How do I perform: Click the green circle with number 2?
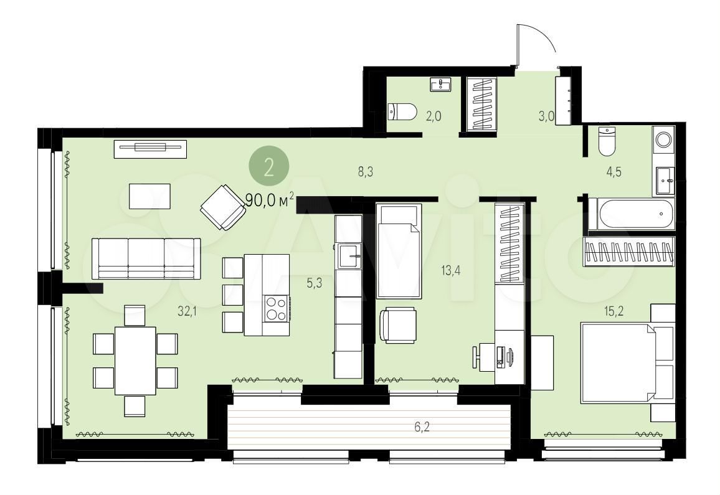[x=269, y=167]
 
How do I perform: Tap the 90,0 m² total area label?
[x=270, y=200]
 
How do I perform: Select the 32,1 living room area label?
[x=187, y=312]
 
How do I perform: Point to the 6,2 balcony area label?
[x=422, y=428]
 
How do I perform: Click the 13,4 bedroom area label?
[x=451, y=270]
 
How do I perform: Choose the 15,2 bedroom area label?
[x=613, y=312]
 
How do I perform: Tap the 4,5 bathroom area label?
[x=613, y=172]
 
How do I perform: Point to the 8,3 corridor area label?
[x=366, y=172]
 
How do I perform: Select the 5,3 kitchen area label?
[x=315, y=283]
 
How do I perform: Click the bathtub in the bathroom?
[x=632, y=214]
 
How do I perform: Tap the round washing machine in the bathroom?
[x=663, y=140]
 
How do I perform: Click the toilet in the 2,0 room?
[x=402, y=111]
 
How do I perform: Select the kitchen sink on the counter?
[x=349, y=256]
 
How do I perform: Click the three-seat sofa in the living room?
[x=146, y=258]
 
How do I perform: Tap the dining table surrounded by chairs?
[x=135, y=361]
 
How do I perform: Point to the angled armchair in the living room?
[x=223, y=207]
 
